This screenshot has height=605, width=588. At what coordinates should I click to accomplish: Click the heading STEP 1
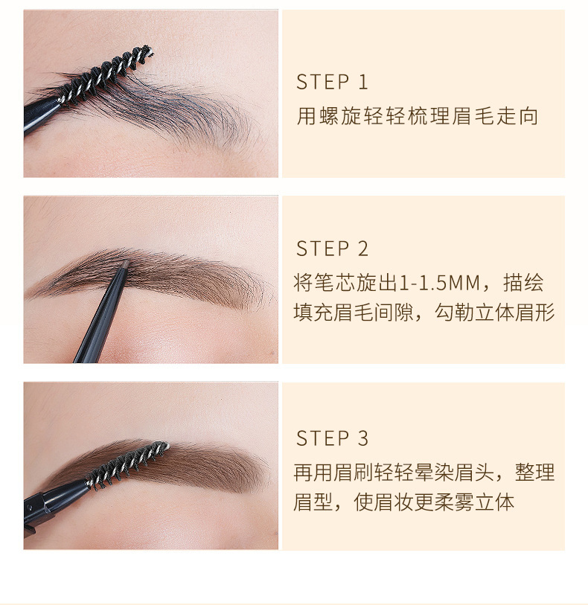(x=332, y=82)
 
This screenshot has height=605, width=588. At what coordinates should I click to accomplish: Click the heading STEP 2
(x=332, y=249)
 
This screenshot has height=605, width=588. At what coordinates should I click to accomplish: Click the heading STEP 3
(x=332, y=438)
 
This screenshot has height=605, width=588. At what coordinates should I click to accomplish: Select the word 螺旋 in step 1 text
(x=335, y=117)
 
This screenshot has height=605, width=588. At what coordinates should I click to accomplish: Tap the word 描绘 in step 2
(x=523, y=284)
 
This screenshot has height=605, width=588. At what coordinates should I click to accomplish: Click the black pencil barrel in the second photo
(x=100, y=320)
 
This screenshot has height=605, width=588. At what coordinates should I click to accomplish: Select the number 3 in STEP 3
(x=363, y=438)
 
